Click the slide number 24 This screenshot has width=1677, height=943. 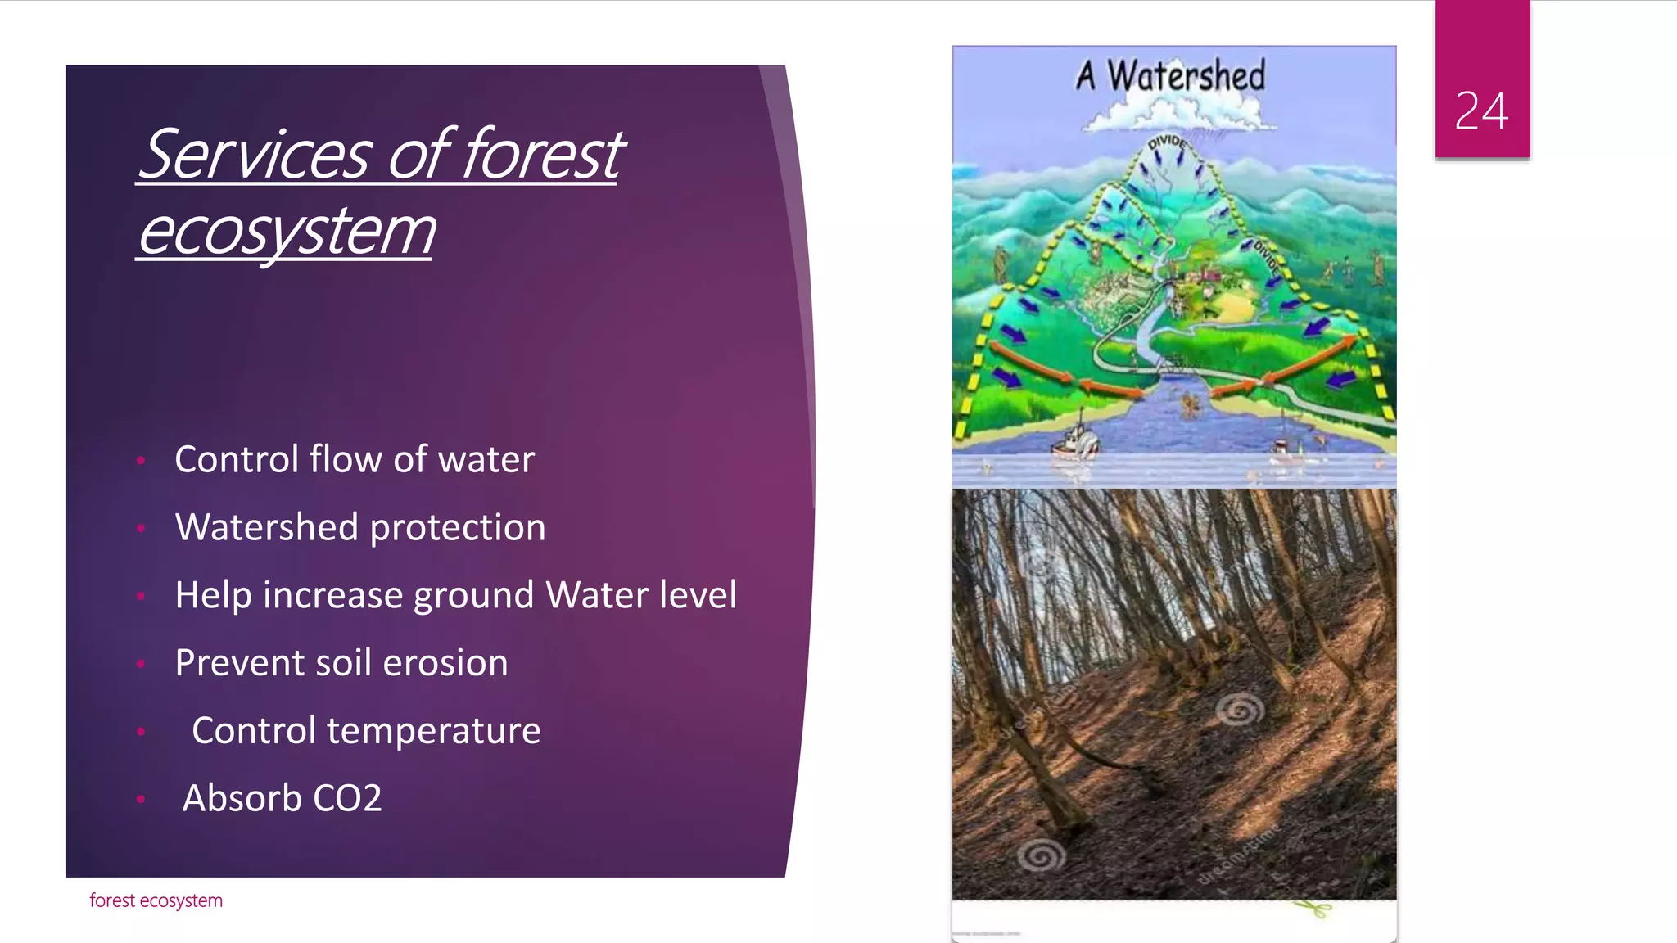point(1481,111)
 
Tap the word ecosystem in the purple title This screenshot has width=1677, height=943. point(287,231)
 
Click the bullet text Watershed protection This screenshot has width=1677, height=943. point(359,527)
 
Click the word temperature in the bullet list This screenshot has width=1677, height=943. point(433,730)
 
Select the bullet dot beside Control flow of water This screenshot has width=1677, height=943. point(141,461)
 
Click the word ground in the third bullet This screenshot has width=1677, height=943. point(473,595)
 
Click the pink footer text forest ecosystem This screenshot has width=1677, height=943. point(156,900)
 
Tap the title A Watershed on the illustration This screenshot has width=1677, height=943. point(1171,76)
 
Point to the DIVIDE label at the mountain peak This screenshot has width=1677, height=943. point(1167,143)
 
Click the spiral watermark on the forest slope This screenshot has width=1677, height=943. point(1239,709)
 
